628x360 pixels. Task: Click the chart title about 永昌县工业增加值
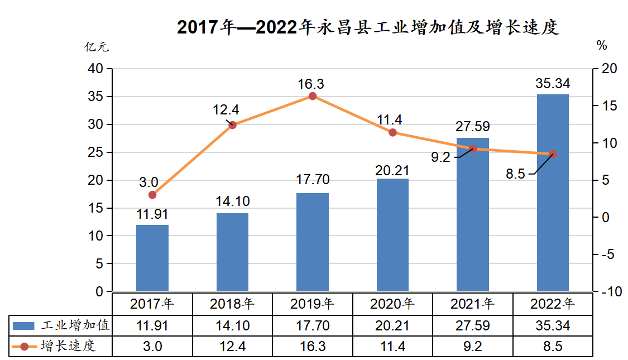pyautogui.click(x=368, y=27)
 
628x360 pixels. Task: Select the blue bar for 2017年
pyautogui.click(x=152, y=258)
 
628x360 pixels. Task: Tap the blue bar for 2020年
pyautogui.click(x=392, y=234)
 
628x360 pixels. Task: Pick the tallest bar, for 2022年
pyautogui.click(x=553, y=193)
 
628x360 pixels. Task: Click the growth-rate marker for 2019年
pyautogui.click(x=313, y=96)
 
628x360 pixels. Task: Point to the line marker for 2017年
pyautogui.click(x=152, y=195)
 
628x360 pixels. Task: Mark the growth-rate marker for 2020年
pyautogui.click(x=392, y=132)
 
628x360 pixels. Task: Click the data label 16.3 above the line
pyautogui.click(x=310, y=84)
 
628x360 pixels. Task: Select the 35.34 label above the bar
pyautogui.click(x=552, y=84)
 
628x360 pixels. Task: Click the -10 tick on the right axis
pyautogui.click(x=608, y=291)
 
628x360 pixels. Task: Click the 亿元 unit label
pyautogui.click(x=96, y=47)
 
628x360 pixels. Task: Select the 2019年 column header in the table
pyautogui.click(x=312, y=304)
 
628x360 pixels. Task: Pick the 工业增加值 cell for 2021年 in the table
pyautogui.click(x=472, y=325)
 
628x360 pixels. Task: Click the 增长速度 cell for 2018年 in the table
pyautogui.click(x=232, y=346)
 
